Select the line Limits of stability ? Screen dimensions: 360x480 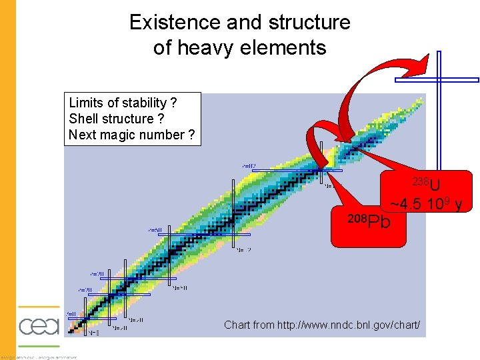tap(123, 103)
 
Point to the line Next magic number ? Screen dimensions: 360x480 tap(131, 135)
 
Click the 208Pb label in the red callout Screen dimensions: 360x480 tap(369, 221)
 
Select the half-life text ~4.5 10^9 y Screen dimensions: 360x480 tap(427, 203)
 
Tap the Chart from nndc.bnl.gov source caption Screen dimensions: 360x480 tap(322, 325)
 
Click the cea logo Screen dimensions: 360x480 tap(39, 326)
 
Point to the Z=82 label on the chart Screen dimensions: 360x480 tap(249, 166)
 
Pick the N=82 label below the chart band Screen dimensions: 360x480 tap(243, 250)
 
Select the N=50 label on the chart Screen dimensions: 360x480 tap(180, 288)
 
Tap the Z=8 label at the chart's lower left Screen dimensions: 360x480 tap(70, 314)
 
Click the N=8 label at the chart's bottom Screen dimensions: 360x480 tap(94, 333)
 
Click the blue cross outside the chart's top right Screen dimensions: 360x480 tap(438, 80)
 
